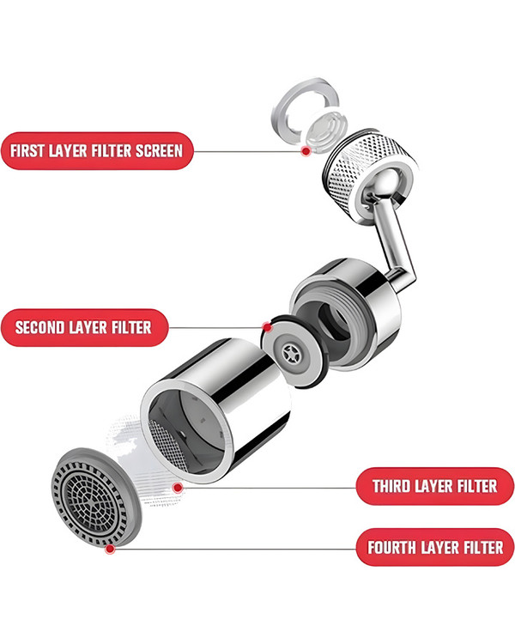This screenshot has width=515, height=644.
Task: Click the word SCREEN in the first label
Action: tap(159, 151)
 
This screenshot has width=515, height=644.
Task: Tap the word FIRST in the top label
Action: tap(27, 151)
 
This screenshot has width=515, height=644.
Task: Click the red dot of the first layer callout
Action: tap(306, 151)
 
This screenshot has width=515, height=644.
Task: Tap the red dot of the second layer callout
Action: tap(267, 327)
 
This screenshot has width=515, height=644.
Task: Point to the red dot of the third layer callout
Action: tap(178, 488)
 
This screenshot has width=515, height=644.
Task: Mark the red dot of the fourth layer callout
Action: tap(110, 549)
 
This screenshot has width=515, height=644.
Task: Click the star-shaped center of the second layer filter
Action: tap(292, 352)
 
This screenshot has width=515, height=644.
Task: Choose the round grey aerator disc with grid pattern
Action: tap(95, 497)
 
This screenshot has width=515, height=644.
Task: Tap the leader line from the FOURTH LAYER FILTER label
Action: tap(234, 549)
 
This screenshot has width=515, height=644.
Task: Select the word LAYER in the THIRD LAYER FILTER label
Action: tap(433, 486)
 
